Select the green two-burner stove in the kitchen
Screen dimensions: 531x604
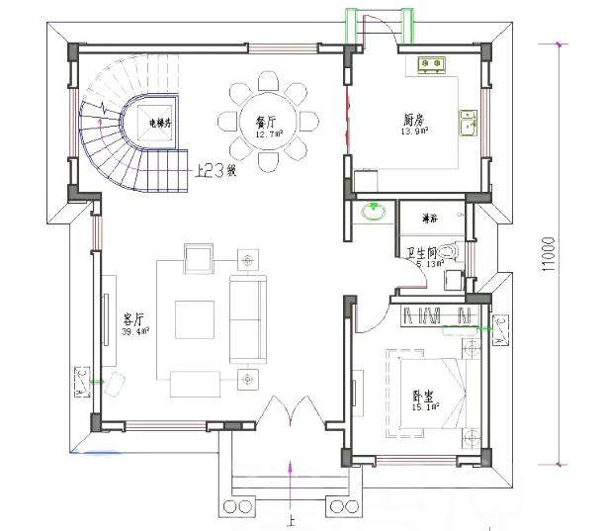pyautogui.click(x=432, y=66)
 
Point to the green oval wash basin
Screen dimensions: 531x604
pyautogui.click(x=374, y=211)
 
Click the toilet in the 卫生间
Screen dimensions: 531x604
pyautogui.click(x=451, y=253)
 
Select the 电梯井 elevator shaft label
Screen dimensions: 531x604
pyautogui.click(x=160, y=124)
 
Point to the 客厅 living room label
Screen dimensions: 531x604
pyautogui.click(x=133, y=318)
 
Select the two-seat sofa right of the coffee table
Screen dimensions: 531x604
pyautogui.click(x=247, y=319)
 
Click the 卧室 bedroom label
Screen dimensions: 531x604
pyautogui.click(x=424, y=396)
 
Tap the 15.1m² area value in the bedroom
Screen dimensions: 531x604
pyautogui.click(x=424, y=406)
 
